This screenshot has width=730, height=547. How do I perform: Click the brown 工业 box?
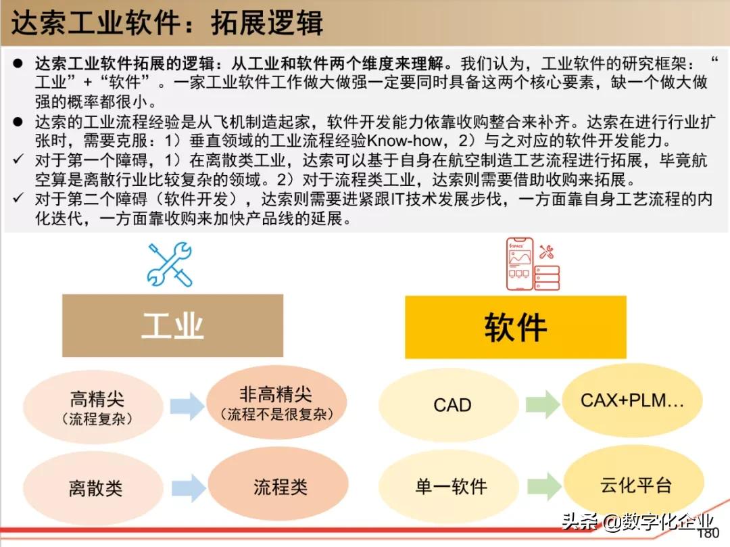tap(173, 325)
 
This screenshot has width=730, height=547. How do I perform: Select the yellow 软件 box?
tap(515, 327)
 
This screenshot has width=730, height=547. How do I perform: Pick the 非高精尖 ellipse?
tap(276, 403)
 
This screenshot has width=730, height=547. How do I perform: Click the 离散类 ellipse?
tap(93, 488)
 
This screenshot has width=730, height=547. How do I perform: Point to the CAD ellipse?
tap(449, 404)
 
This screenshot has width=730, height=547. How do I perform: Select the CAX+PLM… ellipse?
tap(632, 400)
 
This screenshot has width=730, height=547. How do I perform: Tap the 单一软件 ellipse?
tap(449, 486)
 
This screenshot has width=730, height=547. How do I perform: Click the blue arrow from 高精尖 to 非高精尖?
tap(187, 406)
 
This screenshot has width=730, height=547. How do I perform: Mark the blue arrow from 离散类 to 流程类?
tap(189, 487)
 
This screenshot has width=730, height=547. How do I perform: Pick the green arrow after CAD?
tap(543, 404)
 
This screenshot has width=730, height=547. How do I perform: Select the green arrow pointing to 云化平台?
tap(545, 485)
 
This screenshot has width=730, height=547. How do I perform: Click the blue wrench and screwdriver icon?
tap(170, 264)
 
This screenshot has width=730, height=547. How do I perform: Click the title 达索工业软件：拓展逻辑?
tap(167, 22)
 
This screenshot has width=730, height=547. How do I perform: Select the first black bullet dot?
tap(18, 64)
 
